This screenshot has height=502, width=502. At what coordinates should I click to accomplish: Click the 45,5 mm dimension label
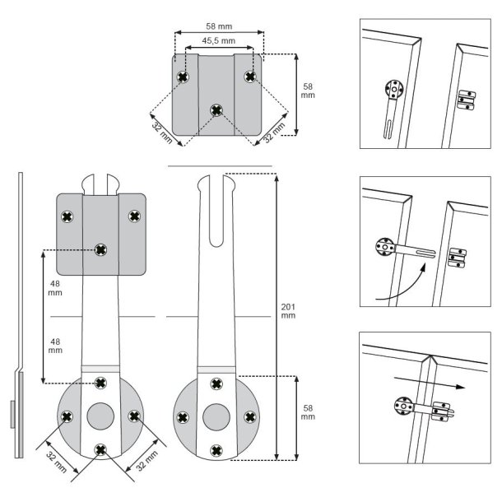pos(218,40)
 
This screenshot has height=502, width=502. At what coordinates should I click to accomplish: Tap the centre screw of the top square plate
pos(216,109)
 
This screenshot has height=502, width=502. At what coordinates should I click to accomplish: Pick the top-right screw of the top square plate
pos(250,76)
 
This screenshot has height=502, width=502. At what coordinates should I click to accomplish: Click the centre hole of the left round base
pos(100,415)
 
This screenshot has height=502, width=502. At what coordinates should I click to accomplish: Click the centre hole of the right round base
pos(216,415)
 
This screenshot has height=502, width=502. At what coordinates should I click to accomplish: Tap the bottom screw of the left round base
pos(100,449)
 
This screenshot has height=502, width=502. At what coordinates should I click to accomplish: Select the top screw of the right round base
pos(216,383)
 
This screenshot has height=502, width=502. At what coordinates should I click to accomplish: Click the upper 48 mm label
pos(54,286)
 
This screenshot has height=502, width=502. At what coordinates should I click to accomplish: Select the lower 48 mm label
pos(54,345)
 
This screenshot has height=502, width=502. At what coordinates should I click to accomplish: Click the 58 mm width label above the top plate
pos(218,25)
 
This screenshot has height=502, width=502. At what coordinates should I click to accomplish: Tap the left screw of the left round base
pos(67,416)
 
